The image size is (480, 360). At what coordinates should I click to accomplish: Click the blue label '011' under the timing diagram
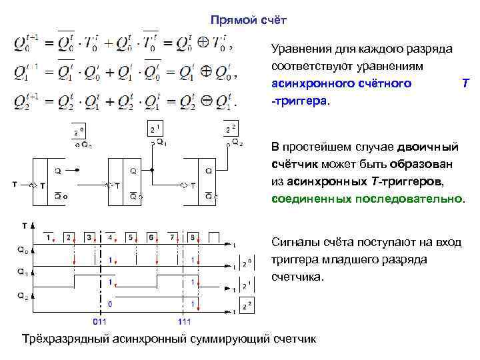tap(100, 321)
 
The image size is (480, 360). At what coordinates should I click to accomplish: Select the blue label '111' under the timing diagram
tap(184, 321)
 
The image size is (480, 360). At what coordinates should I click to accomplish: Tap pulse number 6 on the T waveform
tap(151, 237)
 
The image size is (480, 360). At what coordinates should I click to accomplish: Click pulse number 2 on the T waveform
tap(68, 237)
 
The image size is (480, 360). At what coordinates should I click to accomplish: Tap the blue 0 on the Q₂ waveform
tap(110, 304)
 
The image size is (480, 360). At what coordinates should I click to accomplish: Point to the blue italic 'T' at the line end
tap(465, 84)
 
